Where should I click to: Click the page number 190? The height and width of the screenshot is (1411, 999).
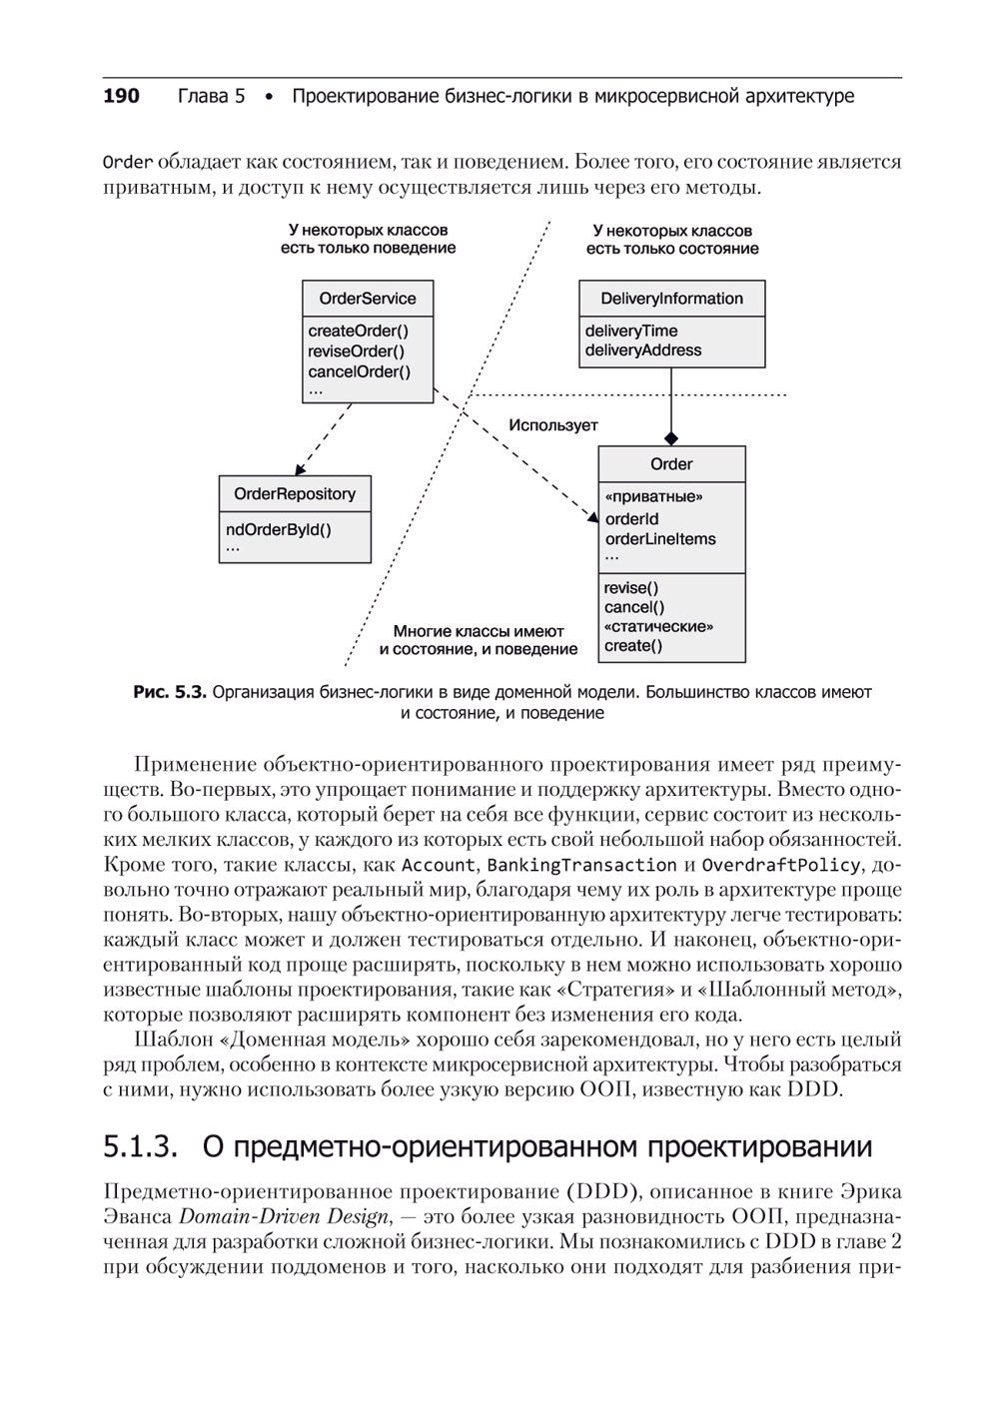121,97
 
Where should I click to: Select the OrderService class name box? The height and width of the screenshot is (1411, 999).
368,299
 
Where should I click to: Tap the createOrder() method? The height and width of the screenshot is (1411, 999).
358,331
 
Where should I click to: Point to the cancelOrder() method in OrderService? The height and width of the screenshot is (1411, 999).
359,371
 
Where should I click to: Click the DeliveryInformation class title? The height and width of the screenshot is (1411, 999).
671,299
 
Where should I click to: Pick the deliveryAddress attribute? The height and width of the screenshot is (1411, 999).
642,351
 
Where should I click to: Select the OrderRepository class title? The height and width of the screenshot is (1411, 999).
295,494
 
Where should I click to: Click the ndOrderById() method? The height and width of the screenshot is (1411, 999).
278,529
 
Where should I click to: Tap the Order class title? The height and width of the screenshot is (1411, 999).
671,464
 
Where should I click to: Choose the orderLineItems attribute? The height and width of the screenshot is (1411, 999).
660,539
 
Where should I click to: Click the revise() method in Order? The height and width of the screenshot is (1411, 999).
631,588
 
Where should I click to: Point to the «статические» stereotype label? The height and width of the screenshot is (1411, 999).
658,627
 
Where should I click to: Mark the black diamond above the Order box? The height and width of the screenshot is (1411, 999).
671,438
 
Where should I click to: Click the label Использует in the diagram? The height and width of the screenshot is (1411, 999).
553,425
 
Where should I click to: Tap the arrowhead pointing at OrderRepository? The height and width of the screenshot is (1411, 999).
298,469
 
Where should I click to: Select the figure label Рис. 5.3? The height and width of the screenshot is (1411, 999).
170,692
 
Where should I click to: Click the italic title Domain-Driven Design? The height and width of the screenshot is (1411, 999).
283,1217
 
